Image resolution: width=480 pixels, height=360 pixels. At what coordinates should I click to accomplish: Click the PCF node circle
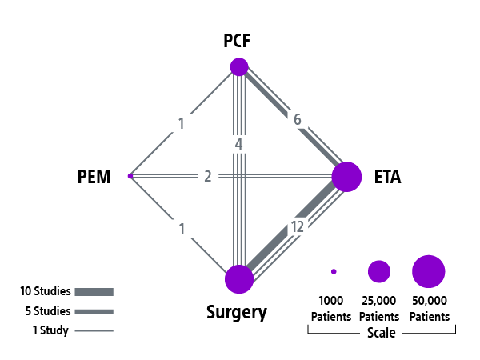(238, 66)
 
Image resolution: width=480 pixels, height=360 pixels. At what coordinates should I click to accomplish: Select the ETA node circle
(346, 176)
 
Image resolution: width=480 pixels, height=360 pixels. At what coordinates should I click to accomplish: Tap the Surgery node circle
(238, 279)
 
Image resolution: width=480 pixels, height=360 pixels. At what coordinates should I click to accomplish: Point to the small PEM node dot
(130, 175)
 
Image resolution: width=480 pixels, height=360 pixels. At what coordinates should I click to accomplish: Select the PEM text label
(94, 176)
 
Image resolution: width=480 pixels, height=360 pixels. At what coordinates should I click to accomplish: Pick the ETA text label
(387, 177)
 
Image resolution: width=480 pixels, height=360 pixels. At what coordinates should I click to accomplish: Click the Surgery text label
(237, 312)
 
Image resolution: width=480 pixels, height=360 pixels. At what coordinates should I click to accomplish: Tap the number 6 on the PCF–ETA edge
(297, 120)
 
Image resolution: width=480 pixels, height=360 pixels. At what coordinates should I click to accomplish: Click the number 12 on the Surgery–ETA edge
(298, 227)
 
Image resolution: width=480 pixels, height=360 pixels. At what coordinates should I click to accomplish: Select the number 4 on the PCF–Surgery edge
(238, 145)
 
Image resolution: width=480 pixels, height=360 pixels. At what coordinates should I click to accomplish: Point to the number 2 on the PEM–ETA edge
(207, 176)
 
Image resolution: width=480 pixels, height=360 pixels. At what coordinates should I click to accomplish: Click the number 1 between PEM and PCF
(182, 123)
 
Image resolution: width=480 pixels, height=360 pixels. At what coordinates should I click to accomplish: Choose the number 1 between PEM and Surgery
(182, 229)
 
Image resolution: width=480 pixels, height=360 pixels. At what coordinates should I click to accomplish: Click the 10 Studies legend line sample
(95, 292)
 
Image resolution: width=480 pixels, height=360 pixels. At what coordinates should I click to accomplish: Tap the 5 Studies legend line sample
(95, 311)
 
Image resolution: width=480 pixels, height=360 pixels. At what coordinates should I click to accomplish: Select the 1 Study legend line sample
(95, 330)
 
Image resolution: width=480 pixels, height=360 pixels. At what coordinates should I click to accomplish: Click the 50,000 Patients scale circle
(428, 271)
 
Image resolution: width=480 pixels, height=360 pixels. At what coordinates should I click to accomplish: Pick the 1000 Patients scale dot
(334, 272)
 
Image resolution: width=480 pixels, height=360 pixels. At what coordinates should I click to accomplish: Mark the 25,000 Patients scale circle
(378, 271)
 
